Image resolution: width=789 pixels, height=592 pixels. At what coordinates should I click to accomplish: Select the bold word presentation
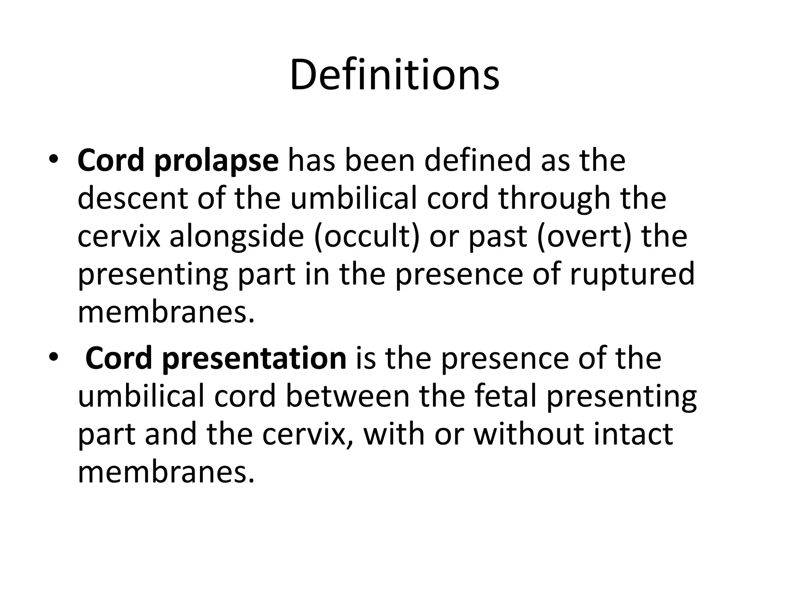(x=254, y=359)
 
